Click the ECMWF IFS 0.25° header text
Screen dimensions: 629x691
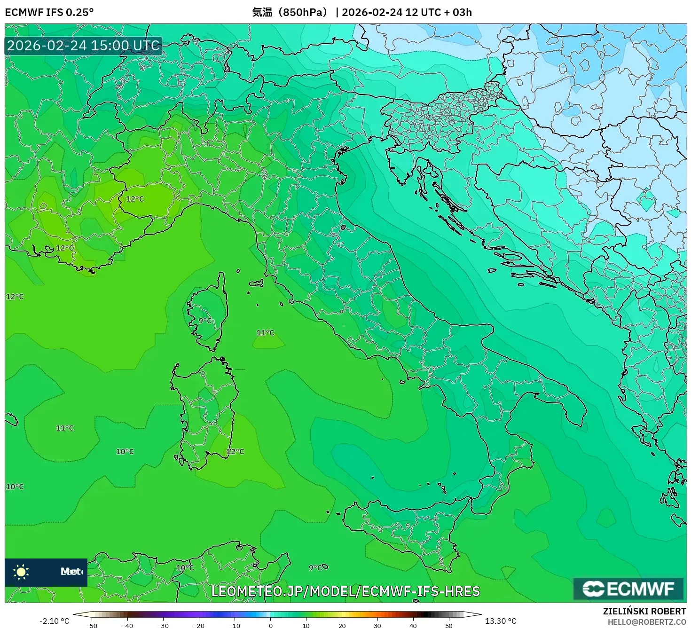tap(49, 12)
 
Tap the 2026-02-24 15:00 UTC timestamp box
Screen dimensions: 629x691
tap(83, 46)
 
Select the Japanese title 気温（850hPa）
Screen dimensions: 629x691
tap(290, 12)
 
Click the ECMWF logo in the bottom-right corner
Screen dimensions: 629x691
tap(628, 589)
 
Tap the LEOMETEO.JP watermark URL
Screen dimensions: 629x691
tap(345, 591)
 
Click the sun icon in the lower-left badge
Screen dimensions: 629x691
tap(21, 572)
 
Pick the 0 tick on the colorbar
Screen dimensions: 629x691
tap(270, 626)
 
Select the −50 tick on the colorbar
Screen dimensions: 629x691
tap(92, 626)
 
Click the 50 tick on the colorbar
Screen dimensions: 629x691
tap(449, 626)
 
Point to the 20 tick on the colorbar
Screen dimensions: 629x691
tap(342, 626)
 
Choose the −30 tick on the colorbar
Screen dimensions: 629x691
tap(163, 626)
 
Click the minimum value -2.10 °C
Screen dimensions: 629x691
tap(54, 621)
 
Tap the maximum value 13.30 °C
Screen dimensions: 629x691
tap(501, 621)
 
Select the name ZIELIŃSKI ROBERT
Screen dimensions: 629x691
tap(644, 611)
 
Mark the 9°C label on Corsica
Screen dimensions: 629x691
tap(205, 321)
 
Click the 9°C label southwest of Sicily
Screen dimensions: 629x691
tap(315, 567)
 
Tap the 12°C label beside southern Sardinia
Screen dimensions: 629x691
tap(236, 451)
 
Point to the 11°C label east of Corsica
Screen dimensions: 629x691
tap(265, 333)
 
